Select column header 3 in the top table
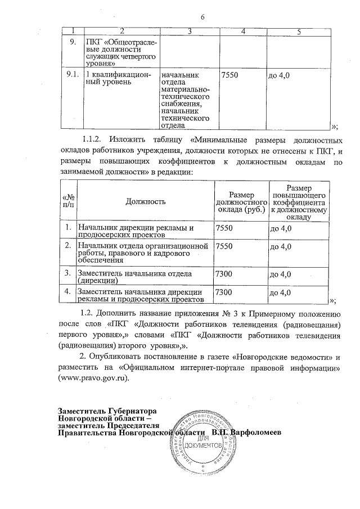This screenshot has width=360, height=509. pos(190,31)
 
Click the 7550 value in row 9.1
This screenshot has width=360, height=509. pos(231,75)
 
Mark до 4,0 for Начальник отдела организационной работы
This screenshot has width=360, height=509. pos(281,247)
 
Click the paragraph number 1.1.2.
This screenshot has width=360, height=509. pos(91,138)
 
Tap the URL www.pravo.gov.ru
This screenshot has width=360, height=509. pos(93,379)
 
